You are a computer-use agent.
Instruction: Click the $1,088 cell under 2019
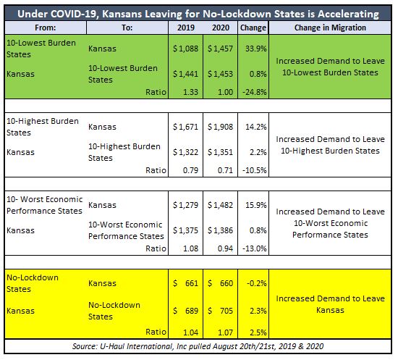tap(185, 49)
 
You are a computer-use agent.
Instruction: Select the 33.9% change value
tap(256, 49)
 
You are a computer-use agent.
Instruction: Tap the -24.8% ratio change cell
tap(255, 92)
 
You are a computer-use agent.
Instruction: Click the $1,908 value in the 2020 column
tap(220, 127)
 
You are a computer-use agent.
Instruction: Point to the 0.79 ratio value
tap(190, 170)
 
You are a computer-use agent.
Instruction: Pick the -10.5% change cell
tap(255, 170)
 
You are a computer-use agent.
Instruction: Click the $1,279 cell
tap(185, 205)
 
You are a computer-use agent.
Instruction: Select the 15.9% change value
tap(256, 205)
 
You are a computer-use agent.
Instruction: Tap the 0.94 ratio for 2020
tap(225, 248)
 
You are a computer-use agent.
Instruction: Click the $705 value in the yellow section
tap(220, 311)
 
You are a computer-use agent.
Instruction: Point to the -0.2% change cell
tap(257, 283)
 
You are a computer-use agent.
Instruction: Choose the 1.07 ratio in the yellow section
tap(225, 332)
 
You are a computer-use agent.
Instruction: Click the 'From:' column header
tap(45, 28)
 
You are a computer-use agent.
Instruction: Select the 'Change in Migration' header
tap(330, 28)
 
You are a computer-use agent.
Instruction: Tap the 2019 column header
tap(186, 28)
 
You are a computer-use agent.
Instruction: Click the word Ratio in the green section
tap(156, 92)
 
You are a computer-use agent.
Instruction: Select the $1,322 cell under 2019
tap(185, 152)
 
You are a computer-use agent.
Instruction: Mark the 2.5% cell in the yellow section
tap(258, 332)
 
